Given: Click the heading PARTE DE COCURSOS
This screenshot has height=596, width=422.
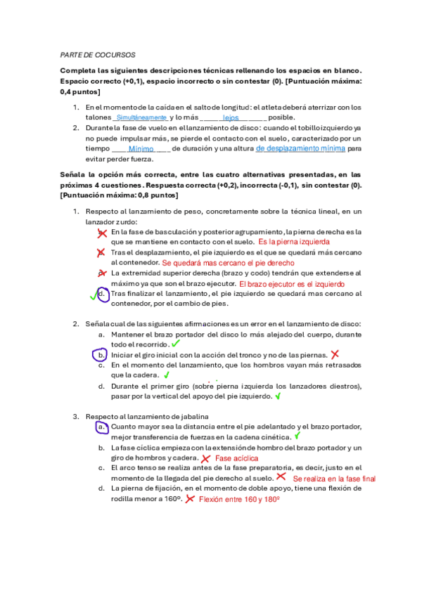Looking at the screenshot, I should tap(98, 54).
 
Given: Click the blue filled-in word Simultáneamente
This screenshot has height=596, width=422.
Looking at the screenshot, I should tap(141, 117).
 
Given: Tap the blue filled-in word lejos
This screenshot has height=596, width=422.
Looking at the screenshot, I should tap(231, 118).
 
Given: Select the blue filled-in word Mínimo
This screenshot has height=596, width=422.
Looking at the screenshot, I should tap(141, 149).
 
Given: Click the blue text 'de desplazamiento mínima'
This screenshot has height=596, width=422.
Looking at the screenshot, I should tap(300, 149).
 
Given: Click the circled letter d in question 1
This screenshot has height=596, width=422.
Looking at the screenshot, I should tap(103, 294).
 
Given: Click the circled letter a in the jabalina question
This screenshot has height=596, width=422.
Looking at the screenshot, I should tap(102, 427).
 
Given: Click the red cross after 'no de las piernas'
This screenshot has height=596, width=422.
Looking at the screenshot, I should tap(335, 355).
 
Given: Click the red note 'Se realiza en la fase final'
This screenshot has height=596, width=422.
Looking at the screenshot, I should tap(334, 479).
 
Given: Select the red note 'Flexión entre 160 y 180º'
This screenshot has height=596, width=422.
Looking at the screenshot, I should tap(239, 499).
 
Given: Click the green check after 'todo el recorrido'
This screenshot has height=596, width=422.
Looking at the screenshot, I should tap(175, 344).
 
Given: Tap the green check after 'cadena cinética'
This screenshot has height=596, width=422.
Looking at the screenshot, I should tap(298, 436).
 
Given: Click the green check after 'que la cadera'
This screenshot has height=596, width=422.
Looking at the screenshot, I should tap(167, 375).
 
